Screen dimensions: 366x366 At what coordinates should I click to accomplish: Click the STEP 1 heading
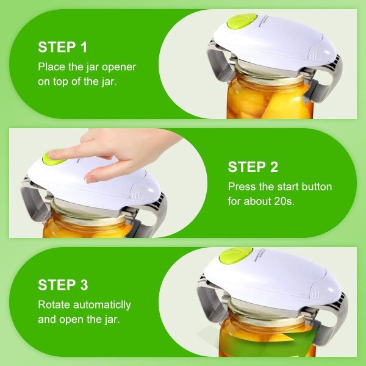(x=63, y=47)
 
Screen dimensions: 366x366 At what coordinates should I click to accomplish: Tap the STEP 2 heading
(x=253, y=167)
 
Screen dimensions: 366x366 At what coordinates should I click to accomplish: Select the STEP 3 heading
(x=63, y=285)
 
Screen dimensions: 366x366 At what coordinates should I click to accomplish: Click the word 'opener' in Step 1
(x=119, y=68)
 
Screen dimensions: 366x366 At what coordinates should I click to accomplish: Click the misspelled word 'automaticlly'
(x=102, y=306)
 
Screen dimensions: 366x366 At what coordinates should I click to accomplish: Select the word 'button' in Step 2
(x=317, y=187)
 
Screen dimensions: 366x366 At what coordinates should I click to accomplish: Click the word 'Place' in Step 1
(x=52, y=67)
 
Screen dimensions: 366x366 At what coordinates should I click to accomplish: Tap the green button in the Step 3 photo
(x=235, y=256)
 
